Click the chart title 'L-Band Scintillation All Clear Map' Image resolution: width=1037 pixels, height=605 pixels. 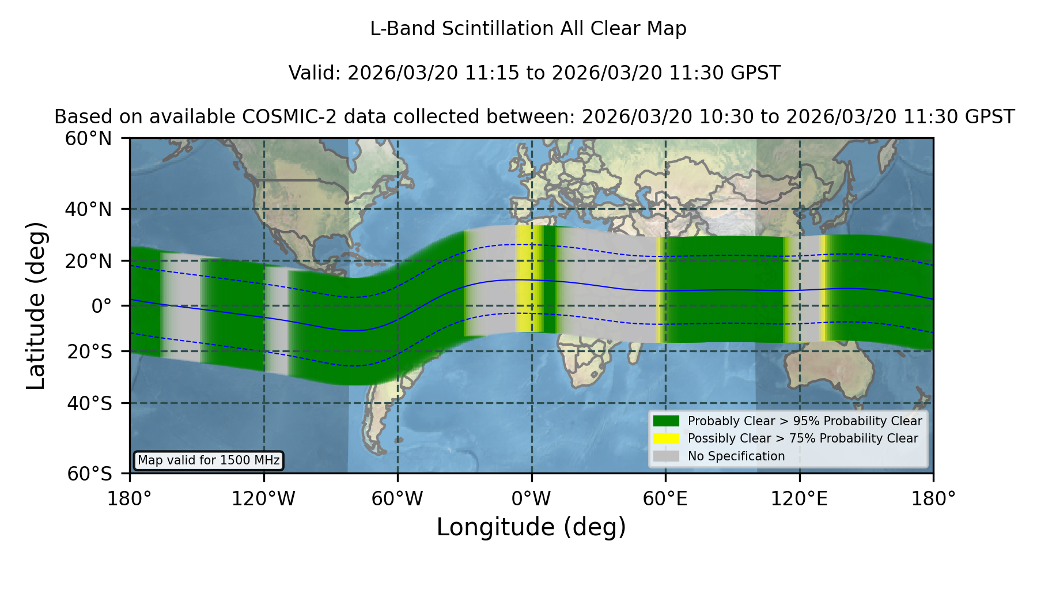528,29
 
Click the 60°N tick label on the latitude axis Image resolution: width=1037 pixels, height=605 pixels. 88,139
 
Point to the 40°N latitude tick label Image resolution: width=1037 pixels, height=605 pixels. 88,209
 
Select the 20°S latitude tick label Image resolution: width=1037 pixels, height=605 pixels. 90,351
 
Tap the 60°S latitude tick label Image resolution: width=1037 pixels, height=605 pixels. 90,474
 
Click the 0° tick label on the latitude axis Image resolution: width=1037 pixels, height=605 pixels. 101,306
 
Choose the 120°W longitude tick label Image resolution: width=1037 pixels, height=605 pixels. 263,499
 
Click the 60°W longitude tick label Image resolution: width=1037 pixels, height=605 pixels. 397,499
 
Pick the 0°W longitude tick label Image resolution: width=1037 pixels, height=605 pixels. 531,499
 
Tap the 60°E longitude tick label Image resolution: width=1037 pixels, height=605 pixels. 665,499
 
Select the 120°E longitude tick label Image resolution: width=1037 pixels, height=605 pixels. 799,499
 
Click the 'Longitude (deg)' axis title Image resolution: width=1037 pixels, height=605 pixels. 531,527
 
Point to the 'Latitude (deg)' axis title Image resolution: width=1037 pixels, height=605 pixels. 36,305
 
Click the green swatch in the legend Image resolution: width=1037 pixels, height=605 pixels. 666,421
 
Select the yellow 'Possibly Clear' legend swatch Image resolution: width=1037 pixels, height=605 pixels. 666,438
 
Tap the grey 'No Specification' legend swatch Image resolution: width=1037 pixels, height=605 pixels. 666,456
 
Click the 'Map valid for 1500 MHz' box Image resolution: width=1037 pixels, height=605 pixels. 209,460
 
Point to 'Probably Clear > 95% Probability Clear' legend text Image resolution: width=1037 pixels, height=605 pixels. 805,421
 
